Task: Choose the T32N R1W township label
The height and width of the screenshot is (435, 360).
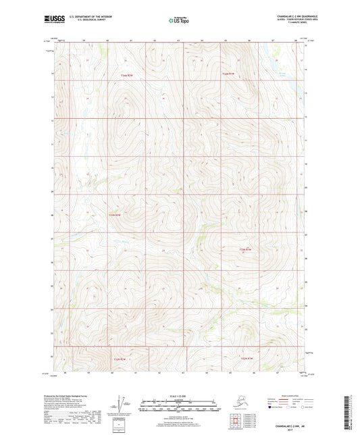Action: click(247, 357)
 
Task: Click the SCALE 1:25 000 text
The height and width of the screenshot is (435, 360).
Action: click(179, 394)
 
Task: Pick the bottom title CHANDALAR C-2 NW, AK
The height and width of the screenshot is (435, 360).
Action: click(179, 427)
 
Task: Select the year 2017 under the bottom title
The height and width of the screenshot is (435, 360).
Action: click(179, 431)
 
